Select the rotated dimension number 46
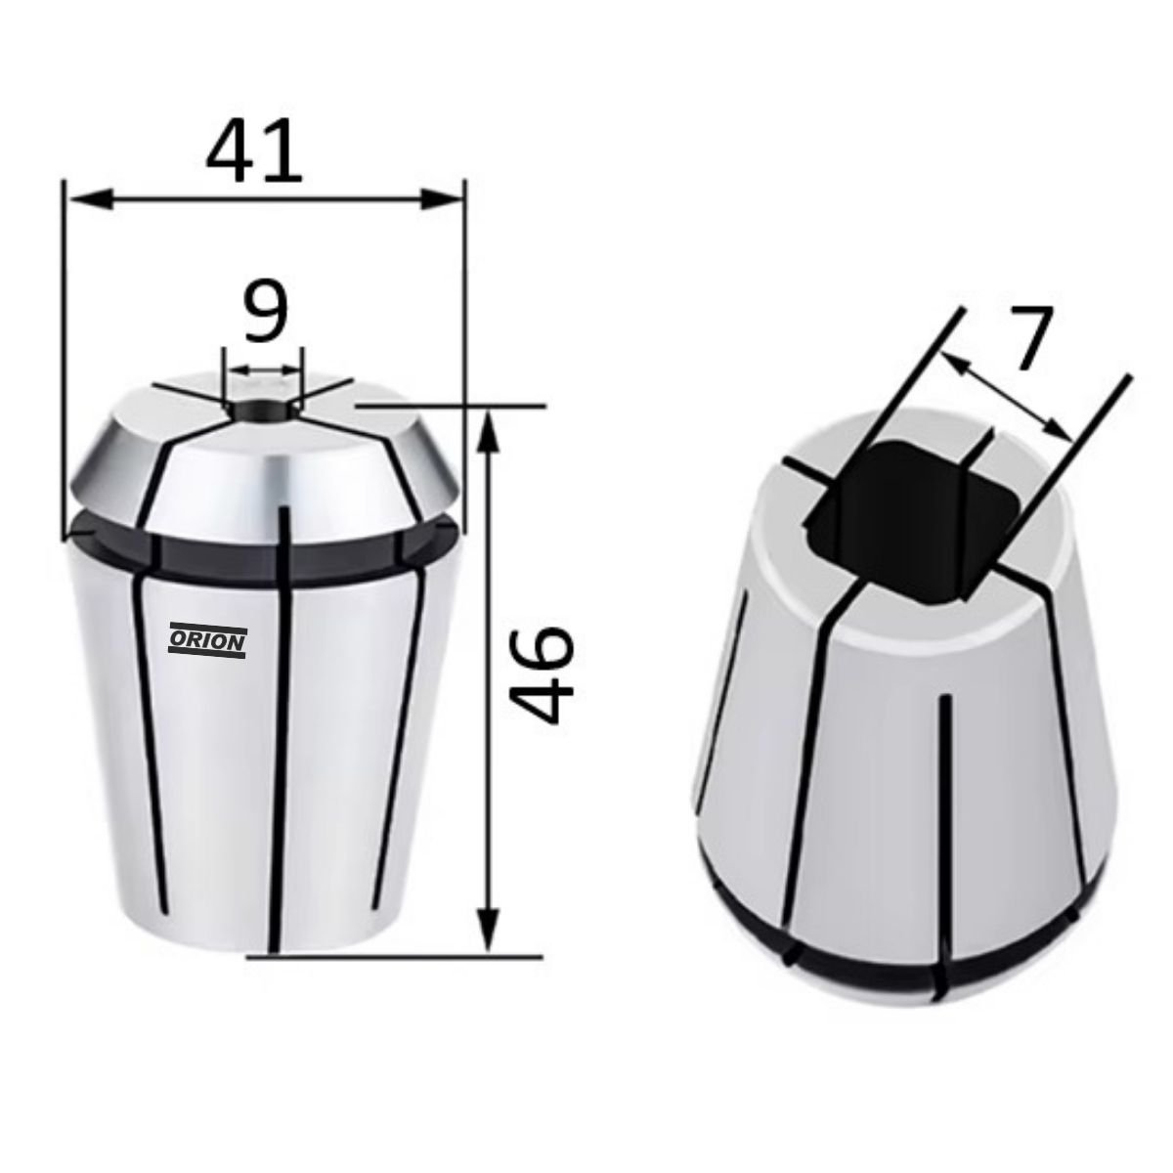pyautogui.click(x=542, y=675)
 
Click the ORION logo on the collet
pyautogui.click(x=207, y=641)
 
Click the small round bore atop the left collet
pyautogui.click(x=263, y=409)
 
